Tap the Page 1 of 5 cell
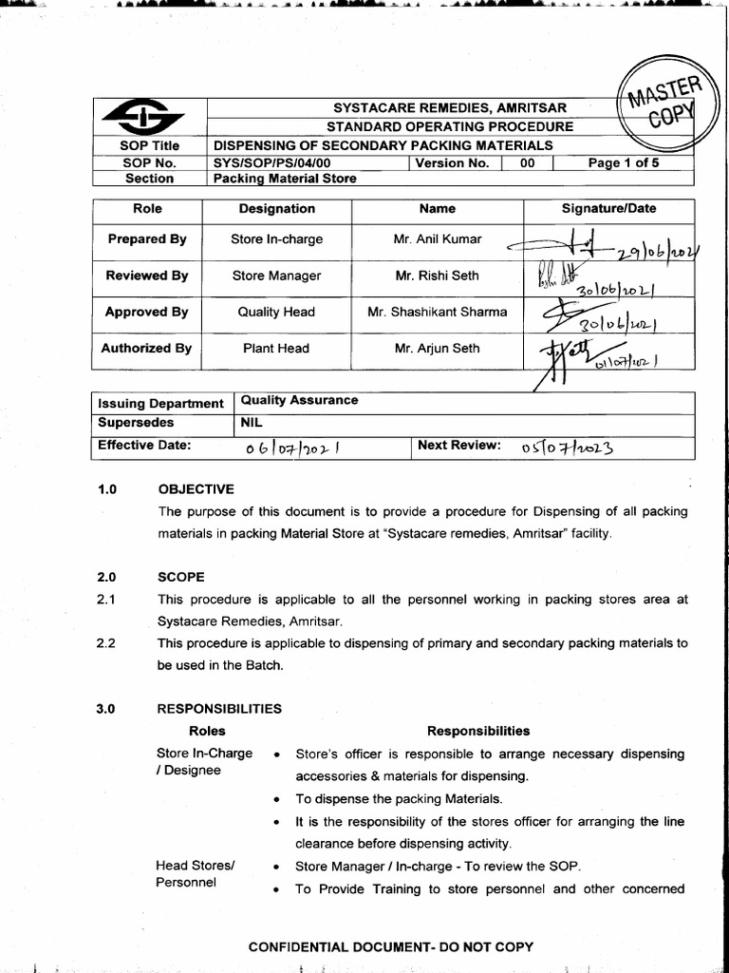pyautogui.click(x=623, y=162)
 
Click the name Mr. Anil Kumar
pyautogui.click(x=437, y=239)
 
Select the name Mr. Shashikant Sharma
pyautogui.click(x=437, y=312)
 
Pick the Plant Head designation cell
pyautogui.click(x=276, y=349)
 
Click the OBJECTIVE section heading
pyautogui.click(x=196, y=489)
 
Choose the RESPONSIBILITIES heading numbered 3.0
pyautogui.click(x=219, y=709)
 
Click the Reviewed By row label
pyautogui.click(x=146, y=276)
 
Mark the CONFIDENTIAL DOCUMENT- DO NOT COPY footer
pyautogui.click(x=390, y=946)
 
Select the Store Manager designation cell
pyautogui.click(x=276, y=276)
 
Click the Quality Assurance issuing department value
pyautogui.click(x=300, y=400)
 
